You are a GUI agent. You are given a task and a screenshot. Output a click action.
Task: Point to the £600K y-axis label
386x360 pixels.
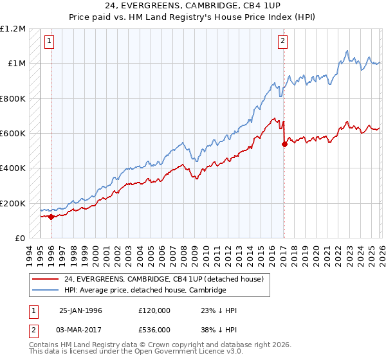click(x=12, y=134)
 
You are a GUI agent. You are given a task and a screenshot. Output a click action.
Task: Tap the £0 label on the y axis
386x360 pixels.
click(x=19, y=239)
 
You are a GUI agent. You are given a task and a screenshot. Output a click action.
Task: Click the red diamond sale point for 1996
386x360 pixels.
click(x=51, y=217)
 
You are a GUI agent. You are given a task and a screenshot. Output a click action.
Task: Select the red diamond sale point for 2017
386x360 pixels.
click(x=284, y=144)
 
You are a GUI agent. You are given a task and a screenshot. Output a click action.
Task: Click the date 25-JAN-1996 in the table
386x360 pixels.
click(x=80, y=310)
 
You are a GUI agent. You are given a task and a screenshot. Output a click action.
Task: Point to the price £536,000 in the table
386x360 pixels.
click(x=154, y=330)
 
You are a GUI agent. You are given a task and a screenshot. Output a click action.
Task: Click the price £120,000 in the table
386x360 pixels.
click(x=154, y=310)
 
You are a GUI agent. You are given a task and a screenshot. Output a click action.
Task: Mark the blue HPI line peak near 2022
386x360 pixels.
click(x=347, y=50)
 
